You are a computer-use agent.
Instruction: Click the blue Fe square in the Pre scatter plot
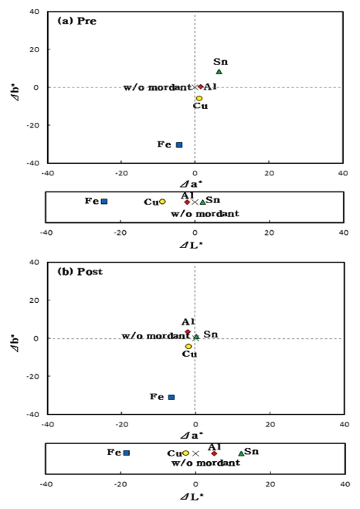179,144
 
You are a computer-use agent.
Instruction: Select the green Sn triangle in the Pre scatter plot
219,72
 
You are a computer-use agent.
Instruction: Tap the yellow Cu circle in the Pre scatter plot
199,98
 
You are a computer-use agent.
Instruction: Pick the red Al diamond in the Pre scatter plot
200,87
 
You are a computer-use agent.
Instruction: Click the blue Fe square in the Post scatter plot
172,397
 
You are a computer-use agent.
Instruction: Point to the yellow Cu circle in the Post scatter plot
188,346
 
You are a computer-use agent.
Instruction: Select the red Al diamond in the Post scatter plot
188,332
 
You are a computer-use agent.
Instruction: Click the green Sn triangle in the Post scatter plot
196,337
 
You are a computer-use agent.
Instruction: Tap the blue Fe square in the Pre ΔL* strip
104,202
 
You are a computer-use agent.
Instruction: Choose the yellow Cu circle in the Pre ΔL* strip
162,202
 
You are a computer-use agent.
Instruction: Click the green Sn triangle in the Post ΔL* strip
241,453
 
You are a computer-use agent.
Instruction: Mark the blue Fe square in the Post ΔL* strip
127,453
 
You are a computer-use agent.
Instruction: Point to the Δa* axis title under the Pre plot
194,184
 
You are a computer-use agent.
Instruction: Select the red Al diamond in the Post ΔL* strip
214,453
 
